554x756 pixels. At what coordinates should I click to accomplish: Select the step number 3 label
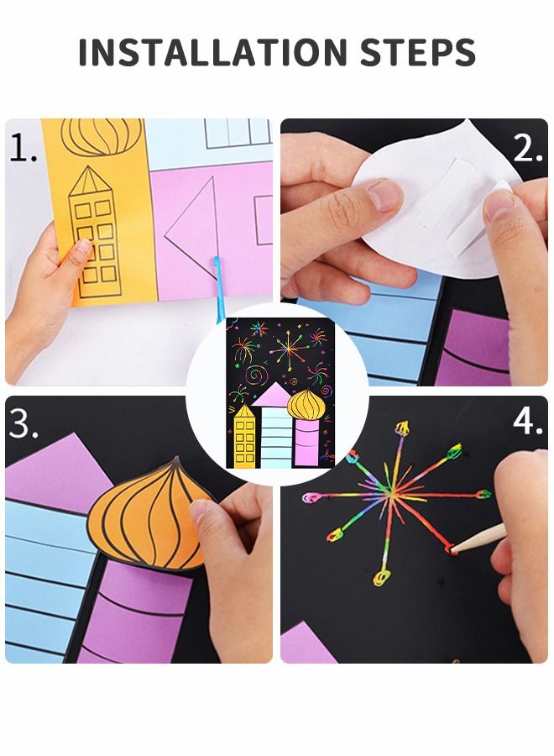pyautogui.click(x=24, y=425)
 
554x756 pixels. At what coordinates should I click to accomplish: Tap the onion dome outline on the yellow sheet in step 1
pyautogui.click(x=102, y=136)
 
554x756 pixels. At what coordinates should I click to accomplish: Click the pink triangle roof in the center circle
pyautogui.click(x=274, y=394)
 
